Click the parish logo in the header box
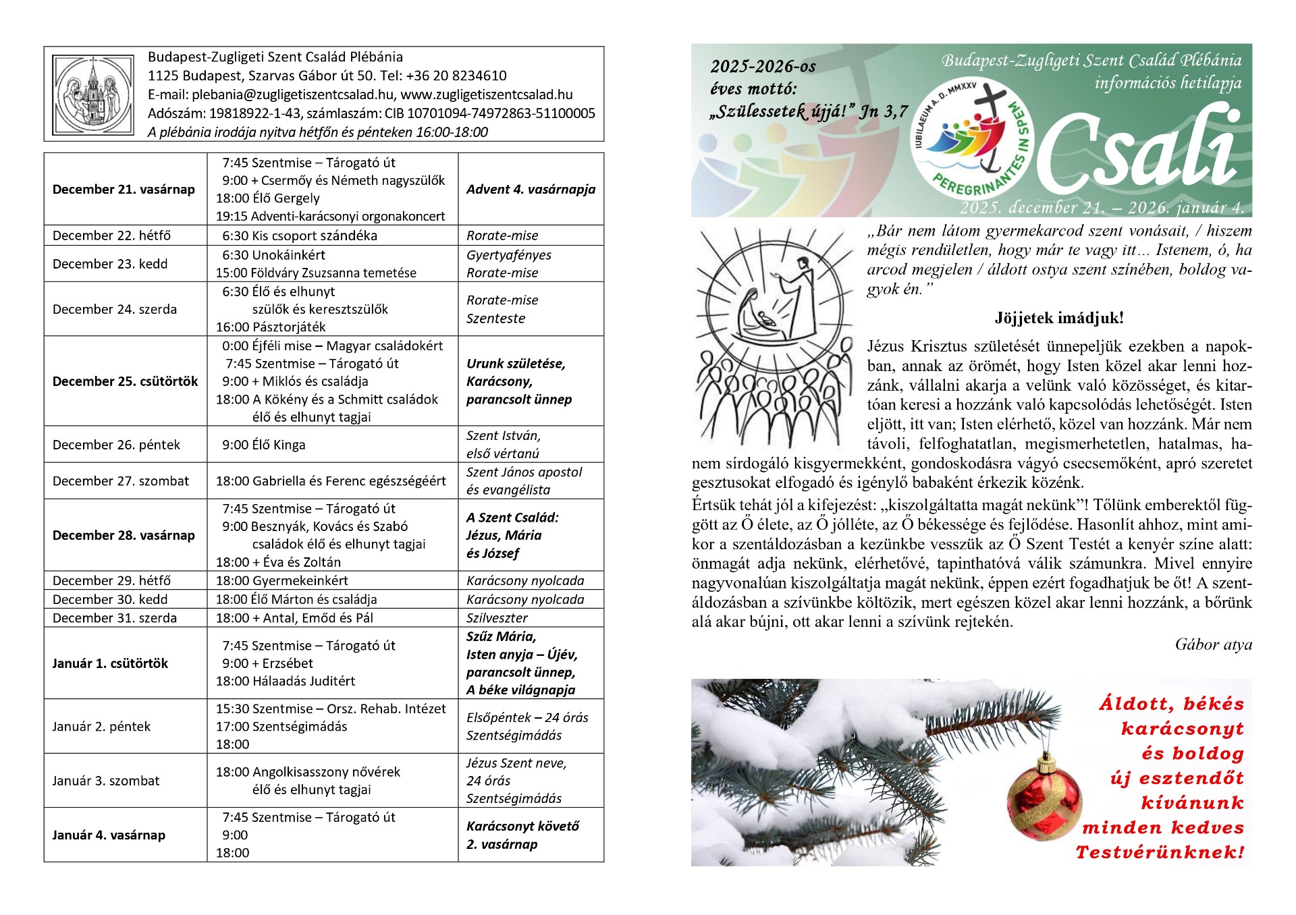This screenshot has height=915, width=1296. point(94,94)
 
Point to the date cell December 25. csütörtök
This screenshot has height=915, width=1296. point(125,381)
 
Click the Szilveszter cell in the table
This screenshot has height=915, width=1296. point(497,617)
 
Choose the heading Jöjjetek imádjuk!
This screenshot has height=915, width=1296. point(1058,318)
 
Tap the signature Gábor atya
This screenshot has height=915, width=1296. point(1213,644)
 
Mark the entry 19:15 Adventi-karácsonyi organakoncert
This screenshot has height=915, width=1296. point(330,216)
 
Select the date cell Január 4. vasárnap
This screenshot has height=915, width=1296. point(109,835)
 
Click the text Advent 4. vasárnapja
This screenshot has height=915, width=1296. point(531,189)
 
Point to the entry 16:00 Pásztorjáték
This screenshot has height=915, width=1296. point(270,327)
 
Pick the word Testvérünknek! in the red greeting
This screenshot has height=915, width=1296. point(1159,852)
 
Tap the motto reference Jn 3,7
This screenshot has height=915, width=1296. point(884,111)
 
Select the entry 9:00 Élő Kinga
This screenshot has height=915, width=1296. point(263,445)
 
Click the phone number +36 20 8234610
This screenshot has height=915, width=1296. point(456,76)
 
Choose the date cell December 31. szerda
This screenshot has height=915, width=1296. point(115,617)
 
